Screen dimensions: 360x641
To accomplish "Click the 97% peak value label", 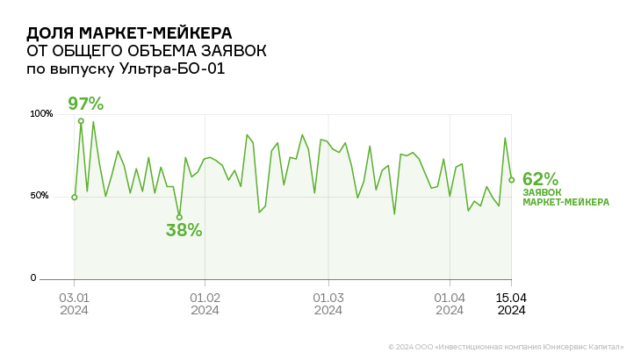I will [x=85, y=104].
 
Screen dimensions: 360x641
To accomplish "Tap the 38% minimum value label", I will [x=184, y=231].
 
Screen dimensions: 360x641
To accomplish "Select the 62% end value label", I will [x=540, y=179].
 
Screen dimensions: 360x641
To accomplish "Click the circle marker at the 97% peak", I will [x=81, y=121].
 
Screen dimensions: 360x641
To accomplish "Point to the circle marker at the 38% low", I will [x=179, y=217].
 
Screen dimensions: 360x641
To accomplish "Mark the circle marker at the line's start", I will [x=75, y=197].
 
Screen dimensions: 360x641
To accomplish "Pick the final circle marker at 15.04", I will [x=511, y=180].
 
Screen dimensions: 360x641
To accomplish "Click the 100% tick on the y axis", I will [x=41, y=114].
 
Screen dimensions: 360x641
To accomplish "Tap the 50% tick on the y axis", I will [x=41, y=196].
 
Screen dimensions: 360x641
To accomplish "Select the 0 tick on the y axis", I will [x=33, y=278].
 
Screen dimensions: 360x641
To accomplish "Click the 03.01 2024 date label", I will [x=74, y=303].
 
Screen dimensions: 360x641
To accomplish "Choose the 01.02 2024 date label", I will [x=205, y=303].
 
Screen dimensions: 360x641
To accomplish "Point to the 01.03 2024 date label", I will [x=328, y=303].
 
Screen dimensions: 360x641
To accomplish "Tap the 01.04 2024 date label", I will [x=450, y=303].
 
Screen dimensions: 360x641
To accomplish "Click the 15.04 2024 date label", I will [x=511, y=303].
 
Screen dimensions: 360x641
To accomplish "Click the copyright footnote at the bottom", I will [x=506, y=348].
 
